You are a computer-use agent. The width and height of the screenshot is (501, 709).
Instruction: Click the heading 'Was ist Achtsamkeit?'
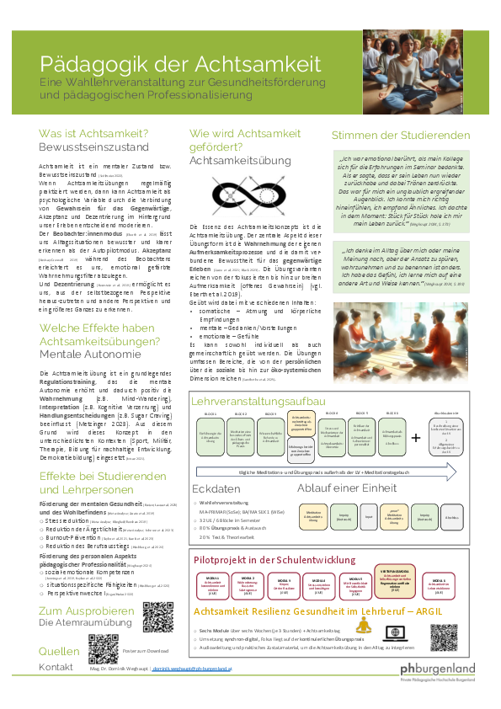click(94, 134)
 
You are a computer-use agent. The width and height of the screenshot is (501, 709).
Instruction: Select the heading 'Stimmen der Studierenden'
click(400, 135)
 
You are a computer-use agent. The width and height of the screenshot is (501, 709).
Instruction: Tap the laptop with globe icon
click(392, 633)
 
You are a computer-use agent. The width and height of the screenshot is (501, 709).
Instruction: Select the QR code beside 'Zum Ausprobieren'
click(157, 617)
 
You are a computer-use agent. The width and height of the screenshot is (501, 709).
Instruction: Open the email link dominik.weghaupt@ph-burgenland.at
click(183, 668)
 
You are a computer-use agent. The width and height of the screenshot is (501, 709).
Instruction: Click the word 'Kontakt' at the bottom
click(56, 667)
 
